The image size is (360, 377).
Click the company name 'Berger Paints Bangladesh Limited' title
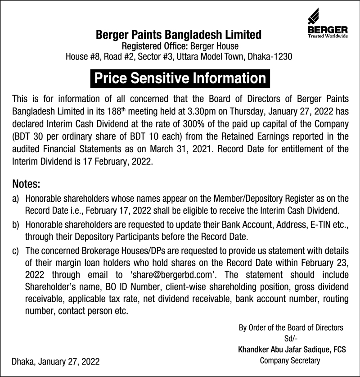179,34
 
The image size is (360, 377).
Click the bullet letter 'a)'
16,199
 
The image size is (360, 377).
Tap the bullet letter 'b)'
16,224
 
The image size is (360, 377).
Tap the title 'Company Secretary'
290,360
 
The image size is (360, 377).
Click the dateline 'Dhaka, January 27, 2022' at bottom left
56,362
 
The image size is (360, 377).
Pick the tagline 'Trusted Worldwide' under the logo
328,36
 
